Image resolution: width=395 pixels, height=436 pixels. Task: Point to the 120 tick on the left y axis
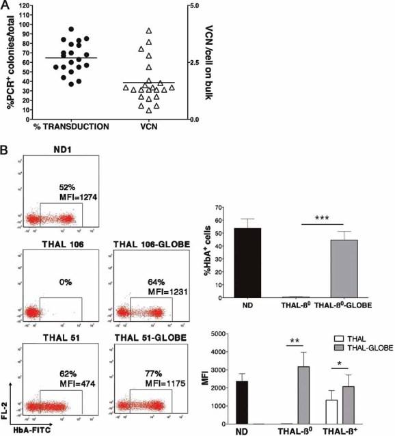(x=27, y=5)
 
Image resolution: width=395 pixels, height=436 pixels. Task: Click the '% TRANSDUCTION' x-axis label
(x=68, y=126)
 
